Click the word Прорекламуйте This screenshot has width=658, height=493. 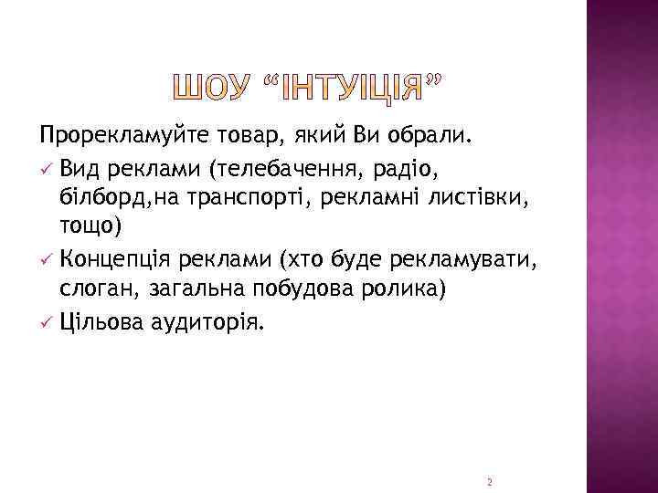(118, 137)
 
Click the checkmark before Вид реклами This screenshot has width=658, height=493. (46, 169)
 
